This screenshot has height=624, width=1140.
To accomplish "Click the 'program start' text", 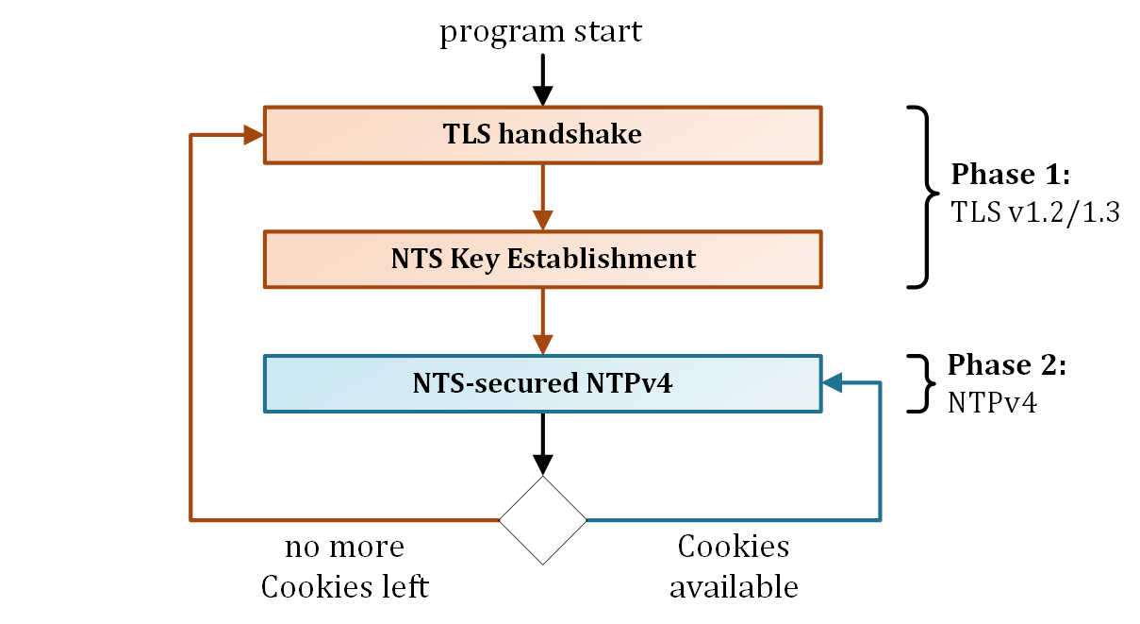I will coord(540,31).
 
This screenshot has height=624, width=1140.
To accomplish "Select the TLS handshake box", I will coord(542,134).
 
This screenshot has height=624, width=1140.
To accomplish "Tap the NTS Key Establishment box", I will coord(542,259).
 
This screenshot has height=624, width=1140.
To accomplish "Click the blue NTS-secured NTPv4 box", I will coord(542,383).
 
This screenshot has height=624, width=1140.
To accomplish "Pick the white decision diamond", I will coord(542,520).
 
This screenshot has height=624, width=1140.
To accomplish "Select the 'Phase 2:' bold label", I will coord(1006,365).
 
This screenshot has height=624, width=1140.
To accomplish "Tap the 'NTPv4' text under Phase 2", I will coord(992,403).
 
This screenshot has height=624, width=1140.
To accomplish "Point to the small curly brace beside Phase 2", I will coord(919,383).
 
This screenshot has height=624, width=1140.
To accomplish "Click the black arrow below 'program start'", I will coord(542,80).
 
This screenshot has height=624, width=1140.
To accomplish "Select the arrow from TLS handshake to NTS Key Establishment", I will coord(542,196).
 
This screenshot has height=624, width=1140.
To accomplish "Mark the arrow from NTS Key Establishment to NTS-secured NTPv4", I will coord(542,321).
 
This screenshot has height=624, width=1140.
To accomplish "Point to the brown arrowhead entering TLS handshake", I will coord(253,135).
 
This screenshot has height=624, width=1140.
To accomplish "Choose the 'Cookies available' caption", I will coord(734,566).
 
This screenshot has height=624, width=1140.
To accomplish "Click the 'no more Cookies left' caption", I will coord(344,566).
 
